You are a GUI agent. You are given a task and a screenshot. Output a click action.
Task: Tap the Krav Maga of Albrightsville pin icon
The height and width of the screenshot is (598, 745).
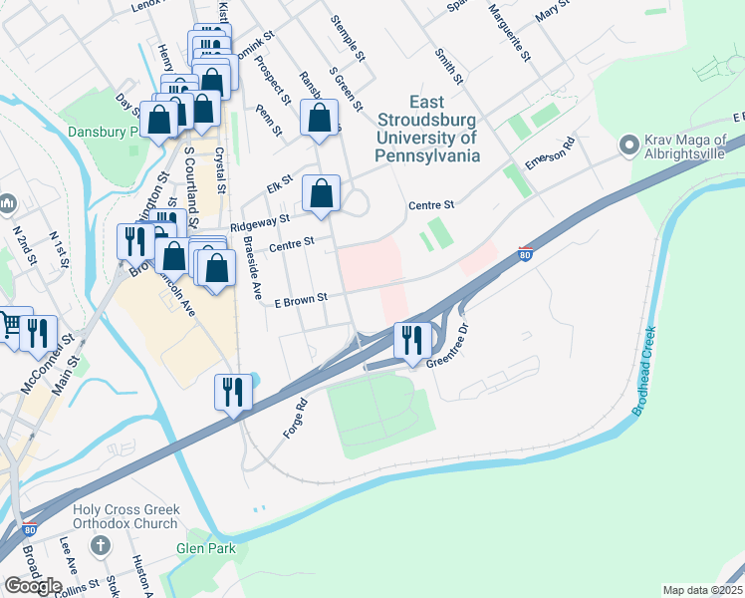tap(628, 146)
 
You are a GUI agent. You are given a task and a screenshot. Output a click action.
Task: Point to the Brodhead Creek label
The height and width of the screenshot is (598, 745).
tap(645, 371)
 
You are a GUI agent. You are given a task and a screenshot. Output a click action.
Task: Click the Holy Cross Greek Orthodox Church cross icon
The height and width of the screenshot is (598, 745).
tap(100, 546)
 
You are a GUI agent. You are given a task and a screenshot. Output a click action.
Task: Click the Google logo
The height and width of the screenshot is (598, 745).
tap(33, 585)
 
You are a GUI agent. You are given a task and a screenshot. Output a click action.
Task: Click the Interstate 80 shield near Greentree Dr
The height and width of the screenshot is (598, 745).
tap(526, 254)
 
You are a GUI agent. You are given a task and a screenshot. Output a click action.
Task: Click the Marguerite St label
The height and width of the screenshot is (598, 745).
tap(509, 32)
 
